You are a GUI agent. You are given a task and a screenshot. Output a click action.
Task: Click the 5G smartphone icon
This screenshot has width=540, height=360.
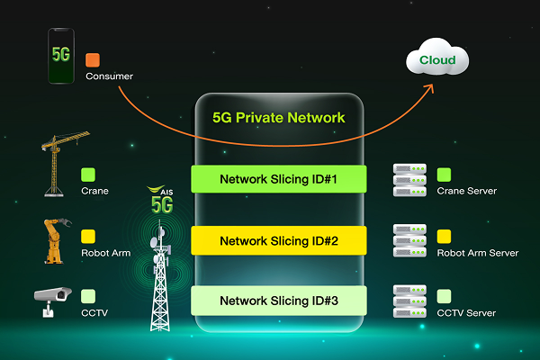(60, 57)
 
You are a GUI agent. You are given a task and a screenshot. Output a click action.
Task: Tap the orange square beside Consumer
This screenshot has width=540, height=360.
(93, 60)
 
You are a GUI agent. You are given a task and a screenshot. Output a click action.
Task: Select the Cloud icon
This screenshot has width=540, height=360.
(438, 61)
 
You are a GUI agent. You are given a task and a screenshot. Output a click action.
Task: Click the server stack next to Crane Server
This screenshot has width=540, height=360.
(410, 181)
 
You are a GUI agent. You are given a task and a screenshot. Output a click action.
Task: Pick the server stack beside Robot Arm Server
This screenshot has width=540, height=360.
(410, 241)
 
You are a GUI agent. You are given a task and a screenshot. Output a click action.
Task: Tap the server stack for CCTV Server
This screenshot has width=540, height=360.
(410, 301)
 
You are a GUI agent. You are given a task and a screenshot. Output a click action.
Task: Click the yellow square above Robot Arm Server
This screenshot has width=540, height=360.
(444, 237)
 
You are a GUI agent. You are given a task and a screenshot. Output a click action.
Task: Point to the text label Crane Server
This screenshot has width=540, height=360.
(466, 192)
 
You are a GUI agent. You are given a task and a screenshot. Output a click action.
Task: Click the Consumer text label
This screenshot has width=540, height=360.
(109, 76)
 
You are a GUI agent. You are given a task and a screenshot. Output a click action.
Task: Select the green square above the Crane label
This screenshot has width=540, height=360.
(88, 175)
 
